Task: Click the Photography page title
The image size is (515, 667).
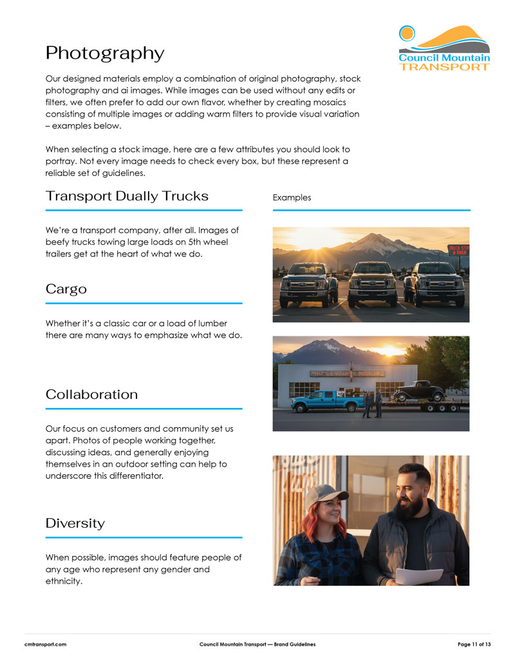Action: (x=105, y=53)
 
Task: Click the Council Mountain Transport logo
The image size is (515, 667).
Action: (x=444, y=48)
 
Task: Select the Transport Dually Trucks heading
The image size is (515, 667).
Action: (x=127, y=196)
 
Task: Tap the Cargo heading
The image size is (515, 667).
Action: (x=66, y=289)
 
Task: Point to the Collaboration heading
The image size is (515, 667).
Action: (x=91, y=394)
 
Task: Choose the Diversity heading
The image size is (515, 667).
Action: (x=75, y=523)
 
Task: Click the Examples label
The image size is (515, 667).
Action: (x=292, y=197)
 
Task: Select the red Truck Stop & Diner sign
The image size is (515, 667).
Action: (x=458, y=250)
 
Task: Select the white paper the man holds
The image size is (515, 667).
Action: (x=418, y=575)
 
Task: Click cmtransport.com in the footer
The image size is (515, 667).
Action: (x=46, y=644)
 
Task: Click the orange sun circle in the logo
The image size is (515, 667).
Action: (x=407, y=33)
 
